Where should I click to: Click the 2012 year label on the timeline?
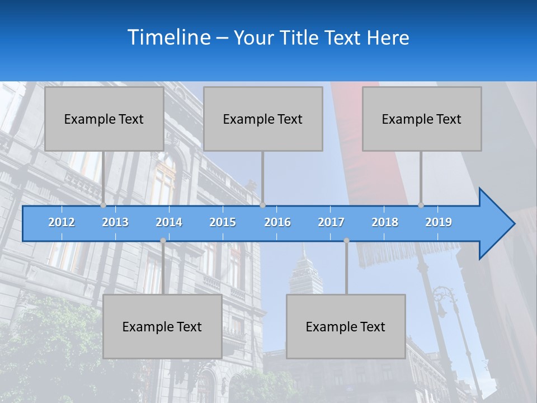pyautogui.click(x=62, y=222)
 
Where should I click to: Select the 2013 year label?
pyautogui.click(x=115, y=222)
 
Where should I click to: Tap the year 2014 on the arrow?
pyautogui.click(x=169, y=222)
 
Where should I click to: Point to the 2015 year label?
pyautogui.click(x=223, y=222)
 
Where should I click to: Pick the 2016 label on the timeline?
pyautogui.click(x=277, y=222)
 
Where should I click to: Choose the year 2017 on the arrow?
pyautogui.click(x=331, y=222)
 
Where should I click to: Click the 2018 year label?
pyautogui.click(x=385, y=222)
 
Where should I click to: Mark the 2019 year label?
pyautogui.click(x=439, y=222)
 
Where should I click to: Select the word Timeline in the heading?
pyautogui.click(x=168, y=38)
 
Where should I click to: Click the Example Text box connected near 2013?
pyautogui.click(x=104, y=119)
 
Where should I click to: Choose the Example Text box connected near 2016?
pyautogui.click(x=263, y=119)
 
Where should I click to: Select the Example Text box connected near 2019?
pyautogui.click(x=422, y=119)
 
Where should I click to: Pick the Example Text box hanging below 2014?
pyautogui.click(x=162, y=326)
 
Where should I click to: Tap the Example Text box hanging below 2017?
pyautogui.click(x=346, y=326)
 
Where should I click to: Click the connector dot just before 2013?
pyautogui.click(x=103, y=205)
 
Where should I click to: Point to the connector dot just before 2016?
pyautogui.click(x=263, y=205)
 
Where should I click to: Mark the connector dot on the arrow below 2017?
pyautogui.click(x=346, y=241)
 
